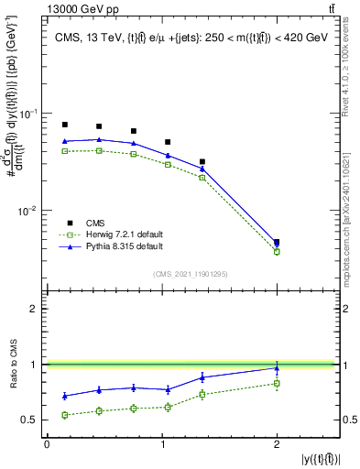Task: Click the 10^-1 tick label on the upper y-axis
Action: click(x=29, y=113)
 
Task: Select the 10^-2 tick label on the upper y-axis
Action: click(x=29, y=210)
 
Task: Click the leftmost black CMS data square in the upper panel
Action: click(x=64, y=125)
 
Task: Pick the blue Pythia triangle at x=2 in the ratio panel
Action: click(x=277, y=367)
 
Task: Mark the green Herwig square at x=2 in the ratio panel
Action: click(x=277, y=383)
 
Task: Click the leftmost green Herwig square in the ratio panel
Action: click(x=64, y=415)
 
